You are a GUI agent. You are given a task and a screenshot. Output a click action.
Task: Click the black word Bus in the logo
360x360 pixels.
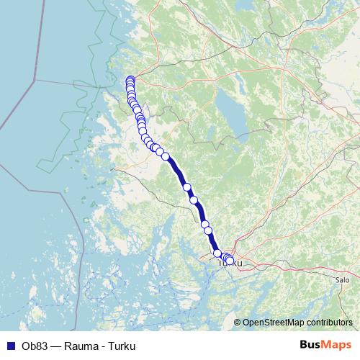click(312, 345)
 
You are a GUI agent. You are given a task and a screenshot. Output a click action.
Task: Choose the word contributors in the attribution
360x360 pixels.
click(329, 323)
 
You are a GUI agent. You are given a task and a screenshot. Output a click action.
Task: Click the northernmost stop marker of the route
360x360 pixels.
click(130, 80)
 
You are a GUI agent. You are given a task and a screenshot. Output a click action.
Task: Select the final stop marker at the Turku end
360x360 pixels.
click(230, 260)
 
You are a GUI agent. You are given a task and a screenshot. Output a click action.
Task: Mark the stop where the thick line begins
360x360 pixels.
click(166, 156)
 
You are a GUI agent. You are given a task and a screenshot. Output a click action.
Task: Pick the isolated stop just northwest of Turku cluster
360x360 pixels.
click(217, 253)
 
